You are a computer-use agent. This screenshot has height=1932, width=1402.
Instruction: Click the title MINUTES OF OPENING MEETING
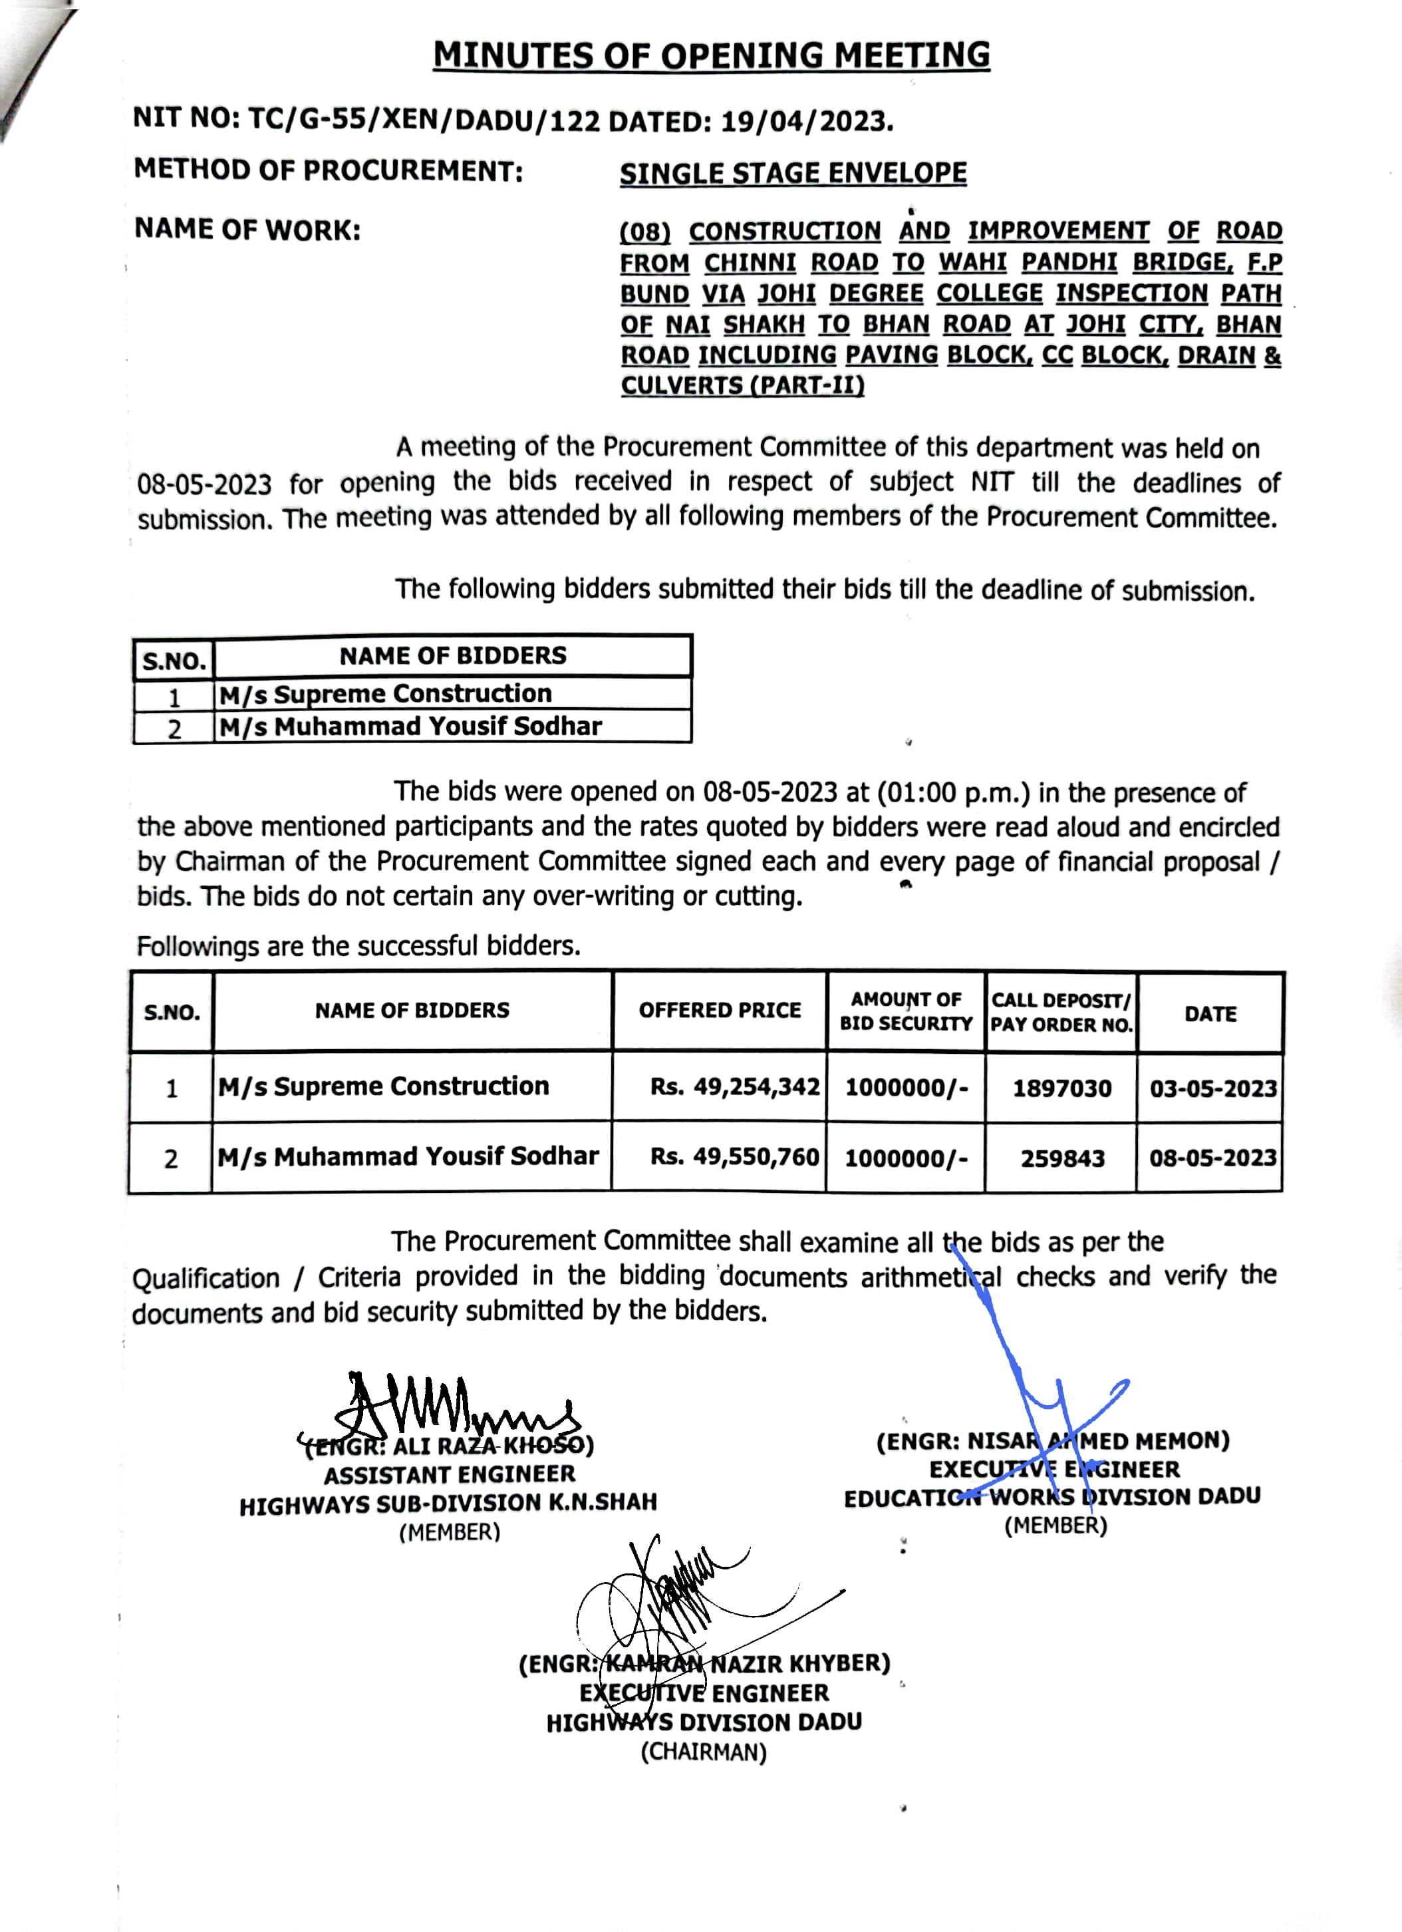(711, 55)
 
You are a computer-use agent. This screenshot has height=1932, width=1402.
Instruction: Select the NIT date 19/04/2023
(807, 122)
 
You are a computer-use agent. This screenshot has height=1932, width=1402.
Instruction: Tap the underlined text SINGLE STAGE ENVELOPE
(793, 174)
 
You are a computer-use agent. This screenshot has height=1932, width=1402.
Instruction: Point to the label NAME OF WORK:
(247, 230)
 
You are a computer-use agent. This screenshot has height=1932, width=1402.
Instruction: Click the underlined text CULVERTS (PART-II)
(742, 386)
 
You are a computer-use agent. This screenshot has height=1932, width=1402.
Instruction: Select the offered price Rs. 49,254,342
(734, 1087)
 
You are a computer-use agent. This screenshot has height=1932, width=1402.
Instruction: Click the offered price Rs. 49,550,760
(734, 1157)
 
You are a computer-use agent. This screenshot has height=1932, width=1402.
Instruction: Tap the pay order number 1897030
(1061, 1088)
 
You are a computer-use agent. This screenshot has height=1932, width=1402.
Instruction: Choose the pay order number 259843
(1062, 1158)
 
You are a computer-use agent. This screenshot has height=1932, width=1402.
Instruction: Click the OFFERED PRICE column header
(720, 1011)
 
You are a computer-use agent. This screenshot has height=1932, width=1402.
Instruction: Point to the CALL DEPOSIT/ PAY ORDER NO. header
(1061, 1012)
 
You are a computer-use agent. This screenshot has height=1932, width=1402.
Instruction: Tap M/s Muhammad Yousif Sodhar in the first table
(410, 726)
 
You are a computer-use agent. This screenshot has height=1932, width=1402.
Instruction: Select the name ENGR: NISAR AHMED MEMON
(1053, 1441)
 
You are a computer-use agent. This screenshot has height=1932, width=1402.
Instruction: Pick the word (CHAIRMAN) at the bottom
(704, 1752)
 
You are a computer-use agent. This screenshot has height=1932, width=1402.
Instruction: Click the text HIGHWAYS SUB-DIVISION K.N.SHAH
(448, 1504)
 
